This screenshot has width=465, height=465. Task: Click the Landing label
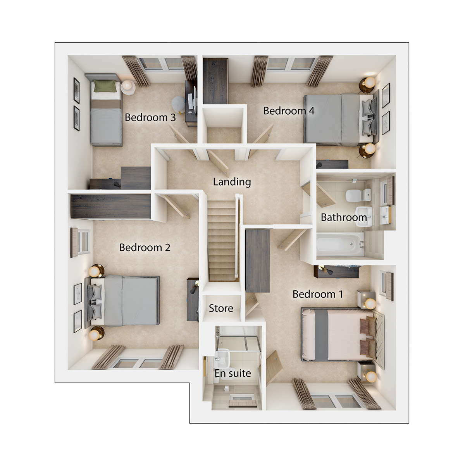click(232, 182)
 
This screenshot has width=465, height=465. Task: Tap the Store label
click(221, 308)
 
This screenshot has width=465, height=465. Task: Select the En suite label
click(232, 373)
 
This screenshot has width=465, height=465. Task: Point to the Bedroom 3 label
click(150, 117)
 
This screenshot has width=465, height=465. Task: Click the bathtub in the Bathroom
click(340, 244)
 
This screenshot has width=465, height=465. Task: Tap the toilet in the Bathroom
click(358, 195)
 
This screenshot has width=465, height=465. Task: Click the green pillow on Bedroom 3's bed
click(105, 86)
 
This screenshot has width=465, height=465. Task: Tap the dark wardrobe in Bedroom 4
click(215, 81)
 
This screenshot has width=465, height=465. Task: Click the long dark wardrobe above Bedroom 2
click(111, 207)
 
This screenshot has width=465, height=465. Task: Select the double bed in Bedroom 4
click(341, 120)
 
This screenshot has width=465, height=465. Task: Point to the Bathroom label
click(344, 217)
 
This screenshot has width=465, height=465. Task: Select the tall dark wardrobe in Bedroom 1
click(257, 261)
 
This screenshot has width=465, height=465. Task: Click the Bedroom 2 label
click(145, 248)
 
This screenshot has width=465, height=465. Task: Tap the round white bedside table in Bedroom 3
click(128, 87)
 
